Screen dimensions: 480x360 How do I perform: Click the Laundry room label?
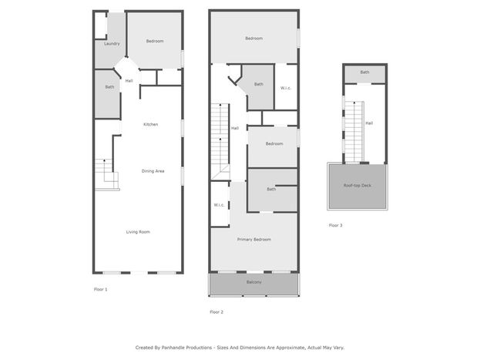112,44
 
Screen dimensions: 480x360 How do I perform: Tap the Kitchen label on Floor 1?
150,124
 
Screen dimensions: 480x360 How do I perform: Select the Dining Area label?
153,171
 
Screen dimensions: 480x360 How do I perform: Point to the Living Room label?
138,232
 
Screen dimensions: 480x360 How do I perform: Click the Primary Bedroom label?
253,239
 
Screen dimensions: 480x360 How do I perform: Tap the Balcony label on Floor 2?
253,282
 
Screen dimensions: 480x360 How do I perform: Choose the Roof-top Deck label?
357,185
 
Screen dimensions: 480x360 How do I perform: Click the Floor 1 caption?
100,289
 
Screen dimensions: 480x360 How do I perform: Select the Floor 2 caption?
217,312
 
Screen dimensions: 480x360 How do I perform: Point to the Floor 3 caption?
335,225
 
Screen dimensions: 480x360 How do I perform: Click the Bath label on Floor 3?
364,72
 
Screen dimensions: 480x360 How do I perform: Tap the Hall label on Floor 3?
369,123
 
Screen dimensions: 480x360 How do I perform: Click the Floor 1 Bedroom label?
155,41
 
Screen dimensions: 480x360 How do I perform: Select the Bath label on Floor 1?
109,87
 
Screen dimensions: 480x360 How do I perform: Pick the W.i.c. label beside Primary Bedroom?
219,205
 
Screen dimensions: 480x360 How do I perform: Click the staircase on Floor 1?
107,175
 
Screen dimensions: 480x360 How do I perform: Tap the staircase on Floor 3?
354,132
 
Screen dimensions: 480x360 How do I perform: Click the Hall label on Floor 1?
129,81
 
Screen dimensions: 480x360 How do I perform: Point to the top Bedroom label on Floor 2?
253,39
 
